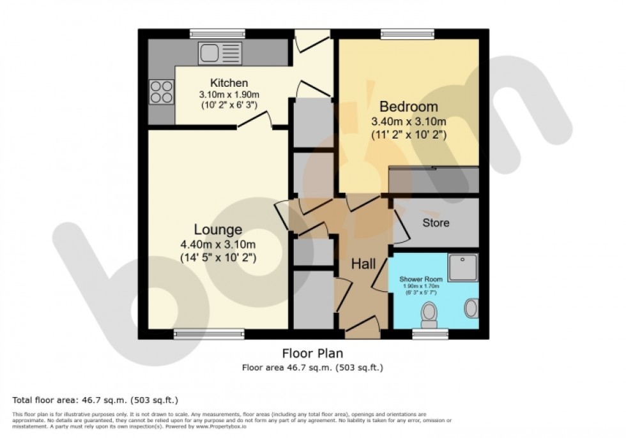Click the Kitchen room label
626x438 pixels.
pos(229,83)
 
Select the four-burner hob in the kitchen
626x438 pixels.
pos(162,91)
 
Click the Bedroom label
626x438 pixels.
pos(409,107)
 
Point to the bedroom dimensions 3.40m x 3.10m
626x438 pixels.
pos(409,121)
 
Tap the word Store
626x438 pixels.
pos(436,223)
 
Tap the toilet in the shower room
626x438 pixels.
pos(429,314)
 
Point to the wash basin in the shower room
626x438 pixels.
pos(471,308)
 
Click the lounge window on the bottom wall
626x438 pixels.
pos(209,333)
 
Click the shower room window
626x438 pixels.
pos(429,333)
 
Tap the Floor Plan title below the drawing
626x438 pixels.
pos(312,353)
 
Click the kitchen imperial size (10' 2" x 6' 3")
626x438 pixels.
pos(229,104)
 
